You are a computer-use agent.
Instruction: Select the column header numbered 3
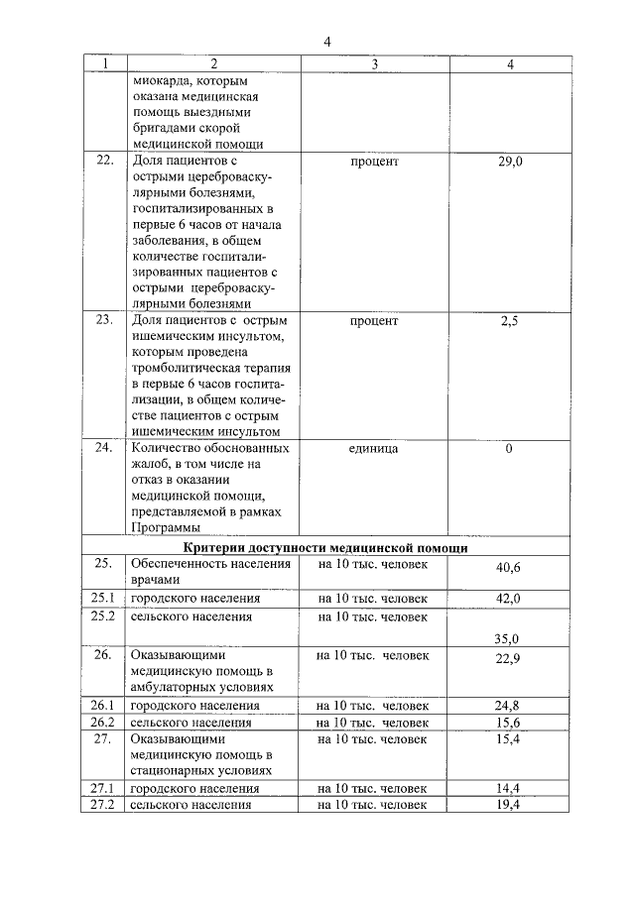tap(374, 64)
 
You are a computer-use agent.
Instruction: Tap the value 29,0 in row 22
tap(509, 161)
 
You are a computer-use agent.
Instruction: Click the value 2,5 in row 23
tap(509, 321)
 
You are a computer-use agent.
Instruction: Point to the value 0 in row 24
tap(509, 449)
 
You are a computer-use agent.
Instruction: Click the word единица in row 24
tap(374, 449)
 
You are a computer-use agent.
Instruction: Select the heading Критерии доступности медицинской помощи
tap(326, 547)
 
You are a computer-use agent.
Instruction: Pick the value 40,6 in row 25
tap(508, 568)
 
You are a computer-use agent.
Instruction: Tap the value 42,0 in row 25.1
tap(508, 599)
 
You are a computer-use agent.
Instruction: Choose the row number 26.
tap(102, 655)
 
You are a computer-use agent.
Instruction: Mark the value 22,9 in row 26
tap(508, 660)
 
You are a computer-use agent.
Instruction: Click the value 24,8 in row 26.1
tap(508, 706)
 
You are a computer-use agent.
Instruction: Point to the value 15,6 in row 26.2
tap(508, 723)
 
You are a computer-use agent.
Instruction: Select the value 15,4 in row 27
tap(508, 740)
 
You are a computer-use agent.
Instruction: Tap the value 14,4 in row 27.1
tap(508, 789)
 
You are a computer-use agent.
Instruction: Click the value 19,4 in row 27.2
tap(508, 805)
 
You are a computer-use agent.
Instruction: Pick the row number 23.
tap(102, 321)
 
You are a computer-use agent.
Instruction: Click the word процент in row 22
tap(374, 161)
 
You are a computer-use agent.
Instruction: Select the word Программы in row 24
tap(163, 528)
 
